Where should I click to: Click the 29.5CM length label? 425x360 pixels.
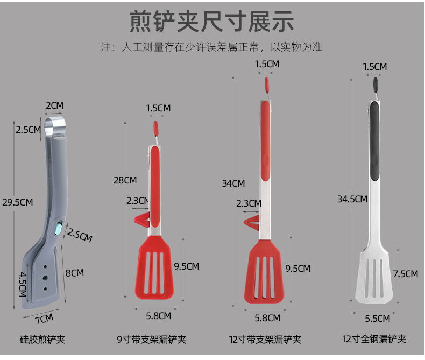pyautogui.click(x=18, y=202)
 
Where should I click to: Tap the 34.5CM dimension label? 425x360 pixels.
pyautogui.click(x=352, y=199)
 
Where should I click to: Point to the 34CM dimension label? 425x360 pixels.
pyautogui.click(x=233, y=183)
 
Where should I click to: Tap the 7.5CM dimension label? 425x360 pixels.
pyautogui.click(x=405, y=273)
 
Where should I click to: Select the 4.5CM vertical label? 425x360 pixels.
pyautogui.click(x=23, y=284)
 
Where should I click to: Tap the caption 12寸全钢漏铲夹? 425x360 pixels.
pyautogui.click(x=374, y=339)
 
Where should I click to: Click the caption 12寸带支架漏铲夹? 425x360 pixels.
pyautogui.click(x=265, y=339)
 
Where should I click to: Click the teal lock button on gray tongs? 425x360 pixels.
pyautogui.click(x=58, y=229)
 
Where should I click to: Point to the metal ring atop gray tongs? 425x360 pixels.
pyautogui.click(x=56, y=128)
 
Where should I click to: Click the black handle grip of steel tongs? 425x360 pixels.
pyautogui.click(x=374, y=140)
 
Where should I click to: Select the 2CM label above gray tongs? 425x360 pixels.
pyautogui.click(x=54, y=105)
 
